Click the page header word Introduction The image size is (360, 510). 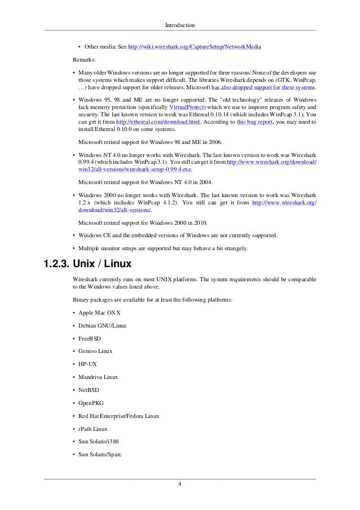coord(180,25)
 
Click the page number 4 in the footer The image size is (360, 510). coord(179,484)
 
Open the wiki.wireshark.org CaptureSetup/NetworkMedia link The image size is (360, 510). coord(195,46)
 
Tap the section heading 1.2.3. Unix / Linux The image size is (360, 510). coord(89,263)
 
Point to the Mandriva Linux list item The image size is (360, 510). coord(99,377)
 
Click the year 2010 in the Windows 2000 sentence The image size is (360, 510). coord(200,222)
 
